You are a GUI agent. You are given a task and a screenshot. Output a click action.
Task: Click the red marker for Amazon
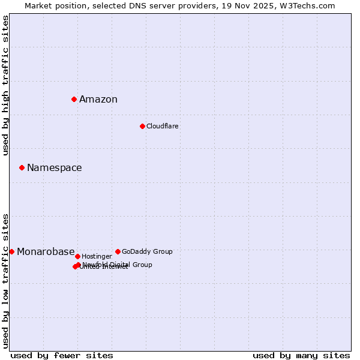[74, 99]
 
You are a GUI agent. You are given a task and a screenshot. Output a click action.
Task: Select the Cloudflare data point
[142, 126]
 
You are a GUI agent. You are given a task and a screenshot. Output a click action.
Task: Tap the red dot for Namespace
[22, 167]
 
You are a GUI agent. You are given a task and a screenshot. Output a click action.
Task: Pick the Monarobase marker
[11, 251]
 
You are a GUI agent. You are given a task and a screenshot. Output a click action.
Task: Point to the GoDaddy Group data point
[118, 251]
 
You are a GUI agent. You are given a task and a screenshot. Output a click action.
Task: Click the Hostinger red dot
[77, 256]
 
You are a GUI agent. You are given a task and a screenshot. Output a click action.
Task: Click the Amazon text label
[98, 100]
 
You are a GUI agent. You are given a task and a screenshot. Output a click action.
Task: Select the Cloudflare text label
[162, 126]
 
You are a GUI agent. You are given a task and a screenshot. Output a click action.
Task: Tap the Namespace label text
[54, 168]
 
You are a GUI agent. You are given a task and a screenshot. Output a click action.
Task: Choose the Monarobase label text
[46, 252]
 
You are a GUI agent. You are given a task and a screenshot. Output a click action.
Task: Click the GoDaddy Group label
[147, 251]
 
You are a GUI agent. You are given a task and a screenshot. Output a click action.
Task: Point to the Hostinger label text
[97, 256]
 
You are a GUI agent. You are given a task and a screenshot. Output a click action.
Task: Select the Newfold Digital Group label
[118, 264]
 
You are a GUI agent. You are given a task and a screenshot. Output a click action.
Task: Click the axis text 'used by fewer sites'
[62, 355]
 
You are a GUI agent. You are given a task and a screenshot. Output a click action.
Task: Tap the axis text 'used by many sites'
[301, 355]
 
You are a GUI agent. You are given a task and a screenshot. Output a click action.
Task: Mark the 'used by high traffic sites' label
[5, 86]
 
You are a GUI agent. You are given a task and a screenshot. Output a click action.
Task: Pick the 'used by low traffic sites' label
[5, 280]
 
